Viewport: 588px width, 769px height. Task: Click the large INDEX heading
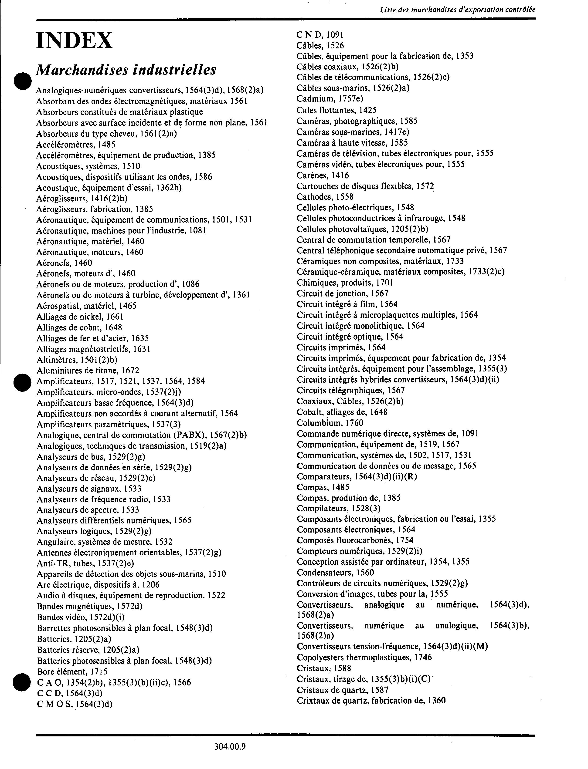click(74, 40)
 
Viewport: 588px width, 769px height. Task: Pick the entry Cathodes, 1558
click(325, 197)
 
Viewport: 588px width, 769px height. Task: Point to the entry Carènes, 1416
click(322, 175)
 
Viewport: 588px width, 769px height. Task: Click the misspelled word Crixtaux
click(311, 700)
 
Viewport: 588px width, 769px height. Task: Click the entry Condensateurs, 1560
click(335, 572)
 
